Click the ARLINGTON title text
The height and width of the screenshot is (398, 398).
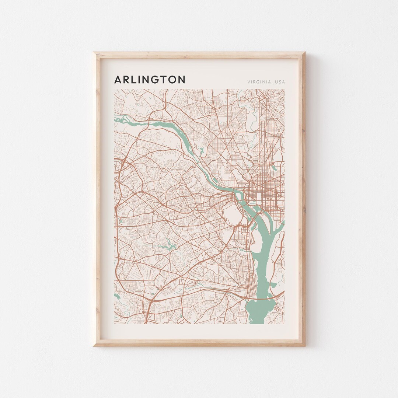coord(150,80)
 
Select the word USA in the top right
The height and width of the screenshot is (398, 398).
coord(279,82)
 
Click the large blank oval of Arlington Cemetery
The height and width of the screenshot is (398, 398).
coord(231,214)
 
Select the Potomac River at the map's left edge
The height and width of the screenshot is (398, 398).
coord(122,119)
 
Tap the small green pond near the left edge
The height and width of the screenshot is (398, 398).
coord(121,221)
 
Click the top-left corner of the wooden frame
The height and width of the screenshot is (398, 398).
coord(94,53)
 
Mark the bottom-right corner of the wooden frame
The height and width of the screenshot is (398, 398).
coord(305,345)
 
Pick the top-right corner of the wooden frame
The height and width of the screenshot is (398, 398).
coord(305,53)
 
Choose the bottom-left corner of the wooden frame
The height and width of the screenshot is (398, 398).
coord(94,345)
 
